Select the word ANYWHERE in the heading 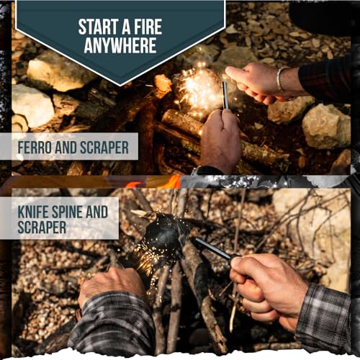pyautogui.click(x=120, y=47)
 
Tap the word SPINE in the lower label pyautogui.click(x=74, y=212)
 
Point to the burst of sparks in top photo pyautogui.click(x=197, y=91)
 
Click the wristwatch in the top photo pyautogui.click(x=198, y=171)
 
